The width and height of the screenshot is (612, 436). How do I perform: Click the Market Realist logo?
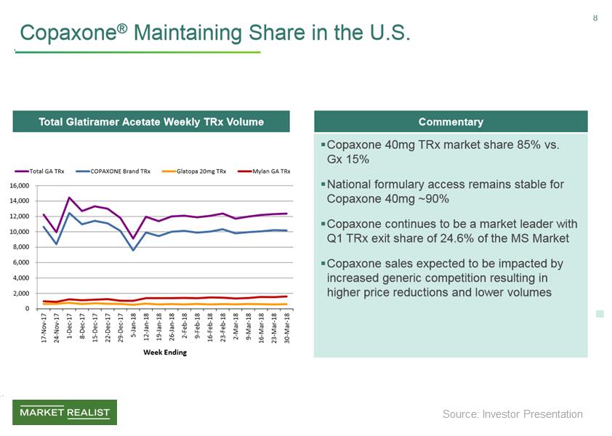65,413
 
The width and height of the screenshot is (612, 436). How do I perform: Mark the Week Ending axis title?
164,352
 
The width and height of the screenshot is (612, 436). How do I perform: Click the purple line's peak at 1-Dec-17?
70,198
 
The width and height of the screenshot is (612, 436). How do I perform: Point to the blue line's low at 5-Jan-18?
134,251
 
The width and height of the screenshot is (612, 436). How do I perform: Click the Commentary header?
451,121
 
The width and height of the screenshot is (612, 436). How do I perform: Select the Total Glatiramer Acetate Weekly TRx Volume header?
151,121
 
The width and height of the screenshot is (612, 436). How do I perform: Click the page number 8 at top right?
595,17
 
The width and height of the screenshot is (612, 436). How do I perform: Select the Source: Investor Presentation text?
512,414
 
